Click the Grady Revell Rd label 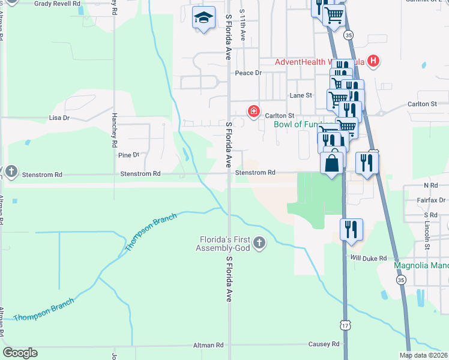[x=57, y=4]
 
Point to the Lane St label [x=301, y=95]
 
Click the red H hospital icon [x=373, y=61]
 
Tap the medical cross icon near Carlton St [x=254, y=111]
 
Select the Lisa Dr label [x=59, y=118]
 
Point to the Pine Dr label [x=128, y=155]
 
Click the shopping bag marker [x=332, y=163]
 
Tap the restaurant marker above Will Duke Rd [x=351, y=229]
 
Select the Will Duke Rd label [x=369, y=258]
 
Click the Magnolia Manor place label [x=421, y=265]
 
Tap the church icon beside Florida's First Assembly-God [x=259, y=243]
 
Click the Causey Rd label [x=325, y=344]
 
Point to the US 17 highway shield [x=345, y=326]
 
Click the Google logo [x=20, y=352]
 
